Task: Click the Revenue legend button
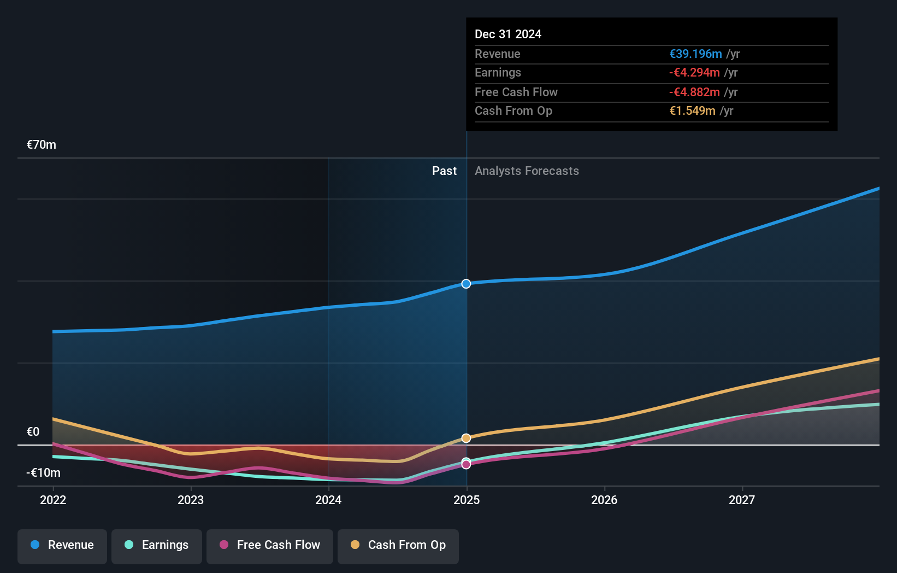62,546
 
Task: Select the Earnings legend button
157,546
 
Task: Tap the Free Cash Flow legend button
270,546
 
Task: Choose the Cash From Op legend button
398,546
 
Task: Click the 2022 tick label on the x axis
53,500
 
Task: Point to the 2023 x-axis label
191,500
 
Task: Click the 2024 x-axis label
328,500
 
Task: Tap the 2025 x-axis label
467,500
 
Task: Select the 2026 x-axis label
604,500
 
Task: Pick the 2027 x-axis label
742,500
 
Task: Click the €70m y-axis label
42,145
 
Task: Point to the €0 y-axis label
33,432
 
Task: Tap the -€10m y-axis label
44,473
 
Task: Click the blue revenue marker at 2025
466,284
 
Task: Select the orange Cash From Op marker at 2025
466,438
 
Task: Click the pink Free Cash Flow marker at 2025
466,465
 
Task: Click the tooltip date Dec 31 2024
507,34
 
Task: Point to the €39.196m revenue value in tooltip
695,54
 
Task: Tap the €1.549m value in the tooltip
692,111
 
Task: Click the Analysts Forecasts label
527,171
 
